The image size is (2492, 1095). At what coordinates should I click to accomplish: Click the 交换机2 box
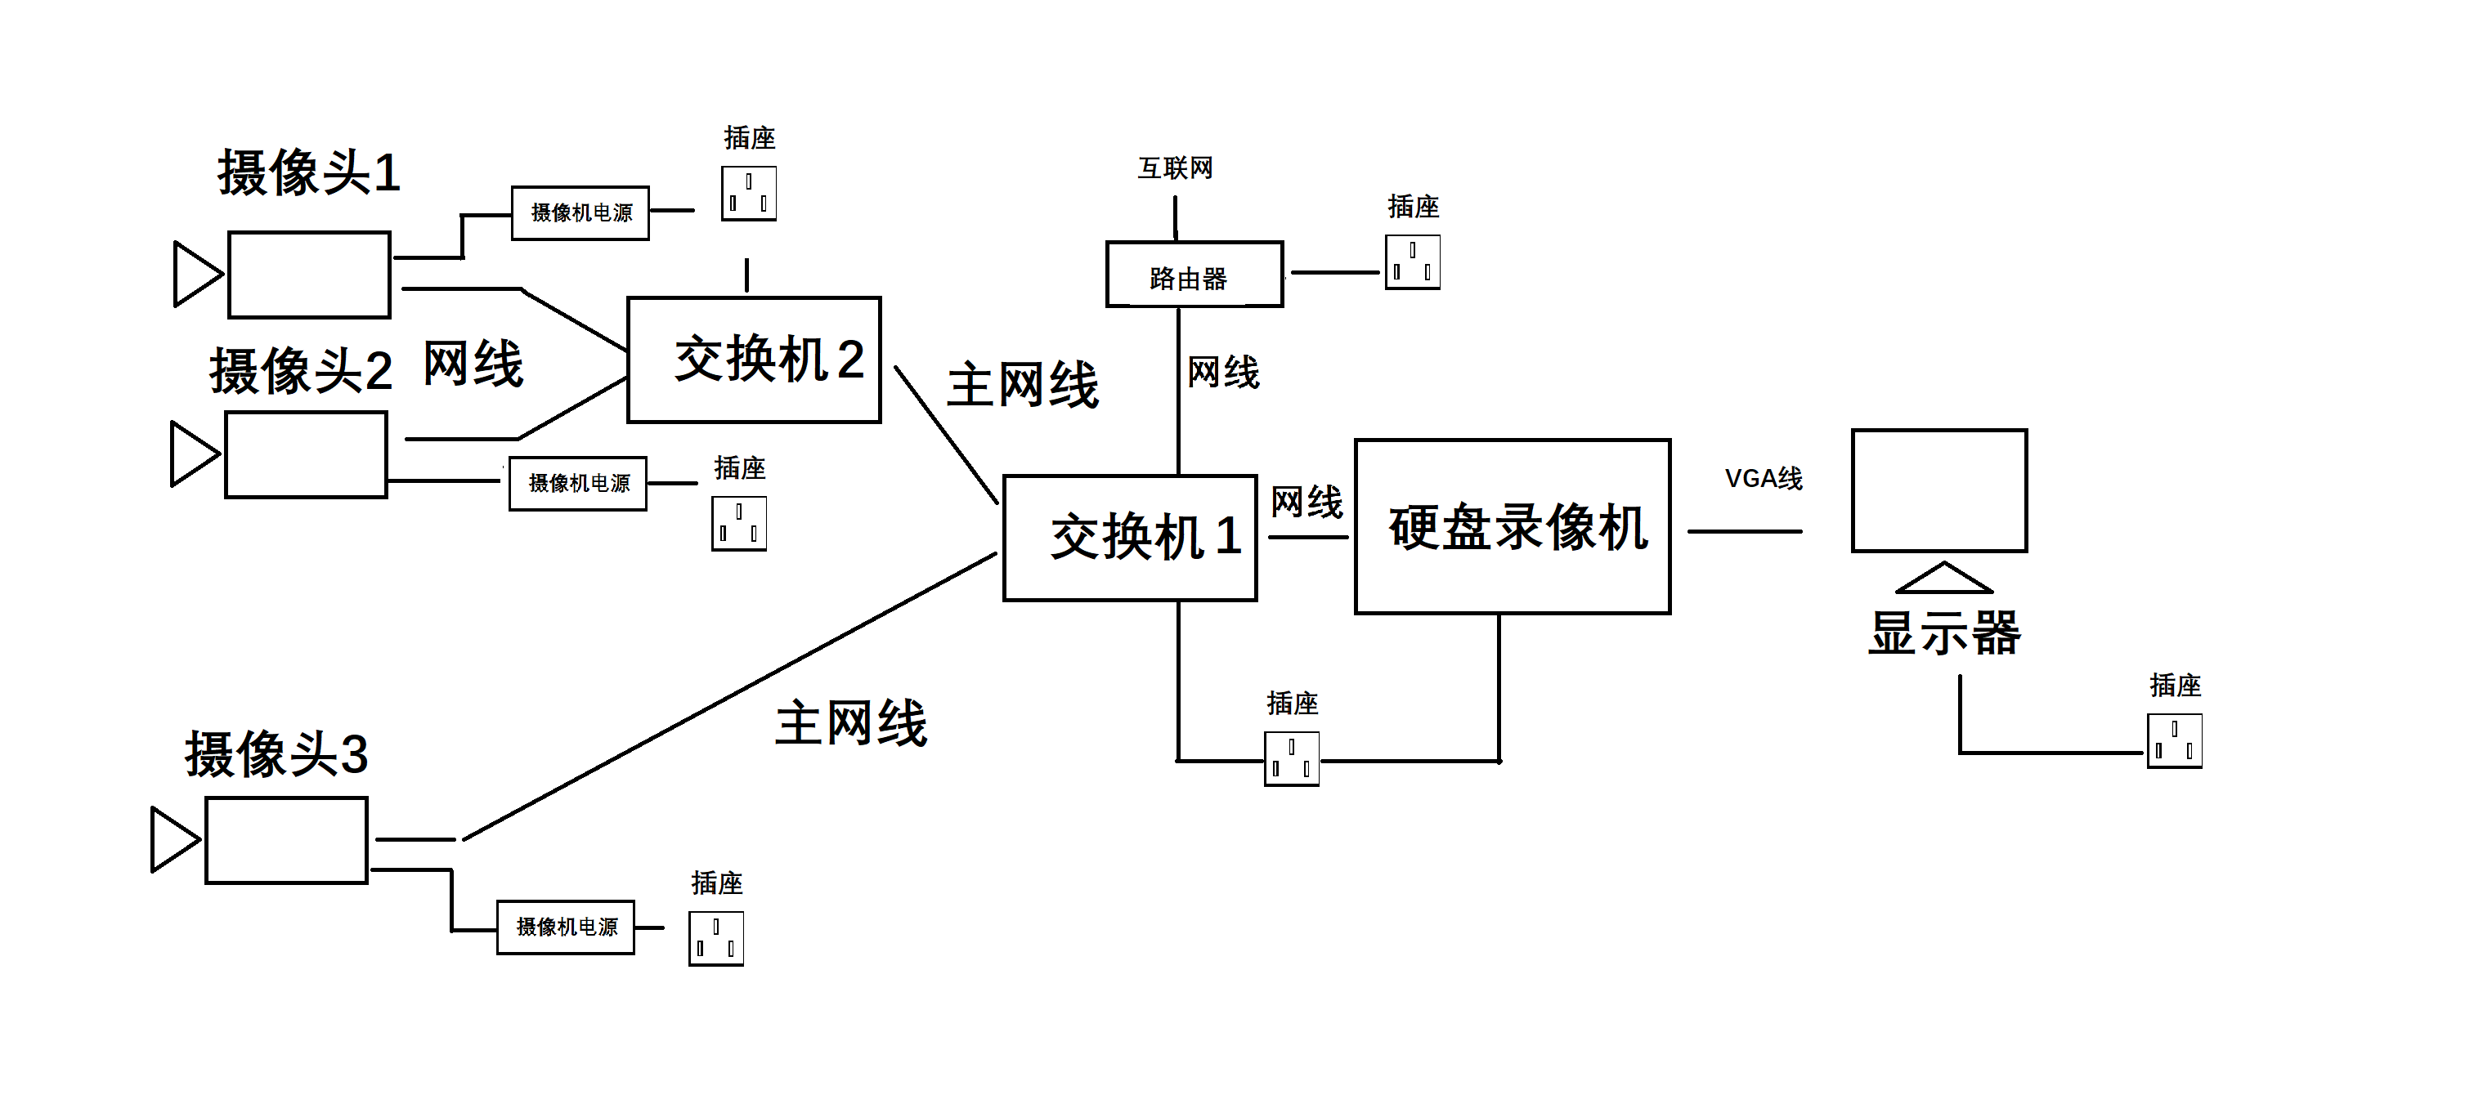754,360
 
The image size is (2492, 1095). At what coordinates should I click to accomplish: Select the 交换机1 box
1129,538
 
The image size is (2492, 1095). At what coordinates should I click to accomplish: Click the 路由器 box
1194,275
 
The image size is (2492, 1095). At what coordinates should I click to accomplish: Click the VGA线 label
1763,479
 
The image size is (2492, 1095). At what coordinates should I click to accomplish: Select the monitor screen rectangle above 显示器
1938,490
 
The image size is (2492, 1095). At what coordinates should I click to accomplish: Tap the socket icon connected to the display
2174,741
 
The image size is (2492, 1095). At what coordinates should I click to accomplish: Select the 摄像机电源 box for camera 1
580,212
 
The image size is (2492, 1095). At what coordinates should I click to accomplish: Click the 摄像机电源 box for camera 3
566,927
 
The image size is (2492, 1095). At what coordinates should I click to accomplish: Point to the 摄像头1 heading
308,173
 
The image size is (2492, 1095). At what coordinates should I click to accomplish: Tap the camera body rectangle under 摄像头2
306,454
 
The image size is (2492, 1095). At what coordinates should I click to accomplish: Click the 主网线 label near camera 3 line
850,723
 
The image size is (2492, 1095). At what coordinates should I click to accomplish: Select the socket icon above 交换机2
748,194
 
